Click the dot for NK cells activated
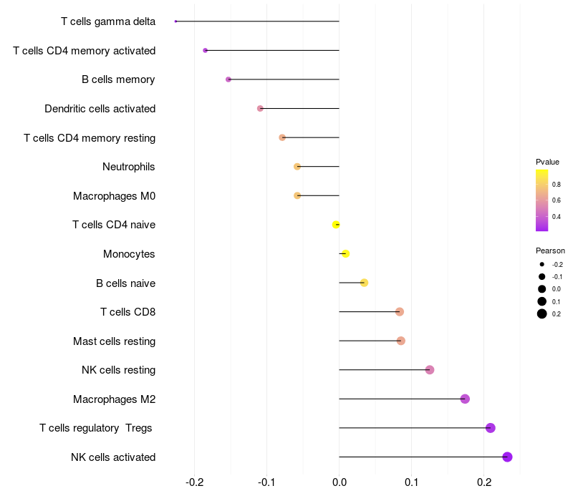pos(507,457)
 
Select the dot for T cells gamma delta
pos(175,21)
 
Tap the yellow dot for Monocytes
pos(345,253)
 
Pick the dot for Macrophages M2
pos(465,399)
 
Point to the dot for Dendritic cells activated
pos(260,109)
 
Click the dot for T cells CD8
pos(400,312)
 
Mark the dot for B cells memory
pos(228,79)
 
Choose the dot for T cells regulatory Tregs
pos(491,428)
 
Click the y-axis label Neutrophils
pos(129,167)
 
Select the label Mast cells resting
pos(115,341)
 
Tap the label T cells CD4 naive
pos(114,225)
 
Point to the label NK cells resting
pos(119,370)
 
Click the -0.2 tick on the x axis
pos(194,482)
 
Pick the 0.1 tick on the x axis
pos(411,482)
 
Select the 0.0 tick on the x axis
pos(339,482)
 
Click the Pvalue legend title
pos(547,162)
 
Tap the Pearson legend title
pos(550,250)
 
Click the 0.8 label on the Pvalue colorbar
pos(557,185)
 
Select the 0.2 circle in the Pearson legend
pos(542,313)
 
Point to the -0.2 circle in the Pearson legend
pos(542,264)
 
